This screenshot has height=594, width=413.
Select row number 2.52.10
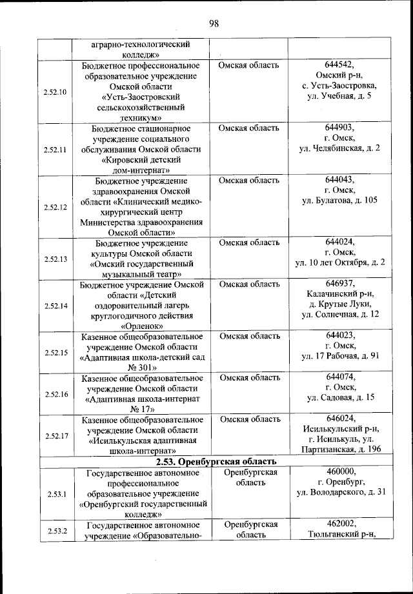pyautogui.click(x=55, y=92)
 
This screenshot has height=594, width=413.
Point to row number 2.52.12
pyautogui.click(x=55, y=207)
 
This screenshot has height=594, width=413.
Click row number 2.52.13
pyautogui.click(x=55, y=259)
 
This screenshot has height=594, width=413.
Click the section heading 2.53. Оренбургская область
pyautogui.click(x=216, y=462)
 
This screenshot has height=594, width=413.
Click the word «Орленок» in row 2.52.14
pyautogui.click(x=142, y=326)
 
